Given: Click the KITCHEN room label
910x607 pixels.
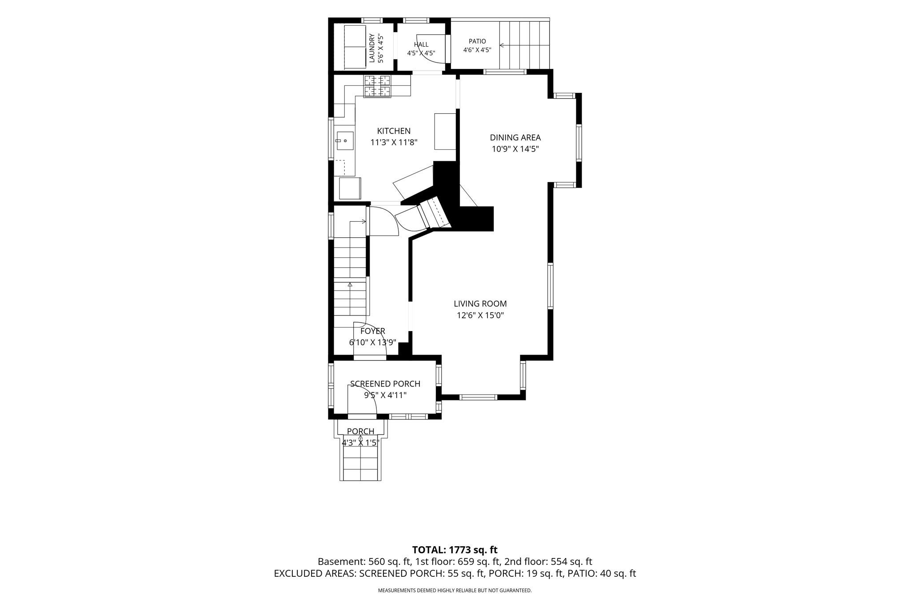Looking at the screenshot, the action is (x=394, y=131).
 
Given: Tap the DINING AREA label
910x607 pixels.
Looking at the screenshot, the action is (x=515, y=138).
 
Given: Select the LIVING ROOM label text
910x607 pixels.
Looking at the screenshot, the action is (x=480, y=304).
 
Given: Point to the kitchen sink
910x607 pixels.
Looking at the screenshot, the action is (x=345, y=141).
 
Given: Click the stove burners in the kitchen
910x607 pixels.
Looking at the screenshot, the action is (x=377, y=86).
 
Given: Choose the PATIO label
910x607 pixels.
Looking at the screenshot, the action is (x=477, y=41).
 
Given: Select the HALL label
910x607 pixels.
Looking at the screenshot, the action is (x=421, y=44).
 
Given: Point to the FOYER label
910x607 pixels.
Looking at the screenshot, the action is (x=372, y=331).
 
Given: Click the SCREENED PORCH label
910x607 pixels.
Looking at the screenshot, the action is (x=385, y=384).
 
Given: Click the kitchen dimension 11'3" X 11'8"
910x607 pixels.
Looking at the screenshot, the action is (x=394, y=143).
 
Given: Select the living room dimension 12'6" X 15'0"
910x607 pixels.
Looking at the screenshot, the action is (x=480, y=315).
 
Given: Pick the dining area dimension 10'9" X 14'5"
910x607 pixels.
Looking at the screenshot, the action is (x=515, y=149).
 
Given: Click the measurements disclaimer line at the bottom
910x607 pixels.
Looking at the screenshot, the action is (x=455, y=591).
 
